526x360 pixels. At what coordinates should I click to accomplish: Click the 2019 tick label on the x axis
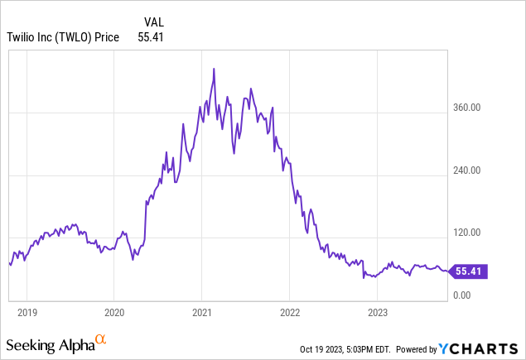pyautogui.click(x=27, y=313)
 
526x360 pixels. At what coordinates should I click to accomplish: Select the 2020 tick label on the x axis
pyautogui.click(x=114, y=313)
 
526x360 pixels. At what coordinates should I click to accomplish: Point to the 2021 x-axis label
pyautogui.click(x=202, y=313)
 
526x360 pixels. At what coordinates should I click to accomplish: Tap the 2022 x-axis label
pyautogui.click(x=289, y=313)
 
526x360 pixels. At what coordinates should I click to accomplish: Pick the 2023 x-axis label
pyautogui.click(x=377, y=313)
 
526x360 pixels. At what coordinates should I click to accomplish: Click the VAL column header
pyautogui.click(x=153, y=22)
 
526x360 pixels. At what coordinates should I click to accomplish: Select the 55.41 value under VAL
pyautogui.click(x=152, y=37)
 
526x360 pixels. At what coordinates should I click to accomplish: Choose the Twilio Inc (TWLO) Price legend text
pyautogui.click(x=63, y=37)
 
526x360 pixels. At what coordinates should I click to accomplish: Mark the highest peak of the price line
pyautogui.click(x=214, y=69)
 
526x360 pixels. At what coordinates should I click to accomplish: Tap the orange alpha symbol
pyautogui.click(x=101, y=339)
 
